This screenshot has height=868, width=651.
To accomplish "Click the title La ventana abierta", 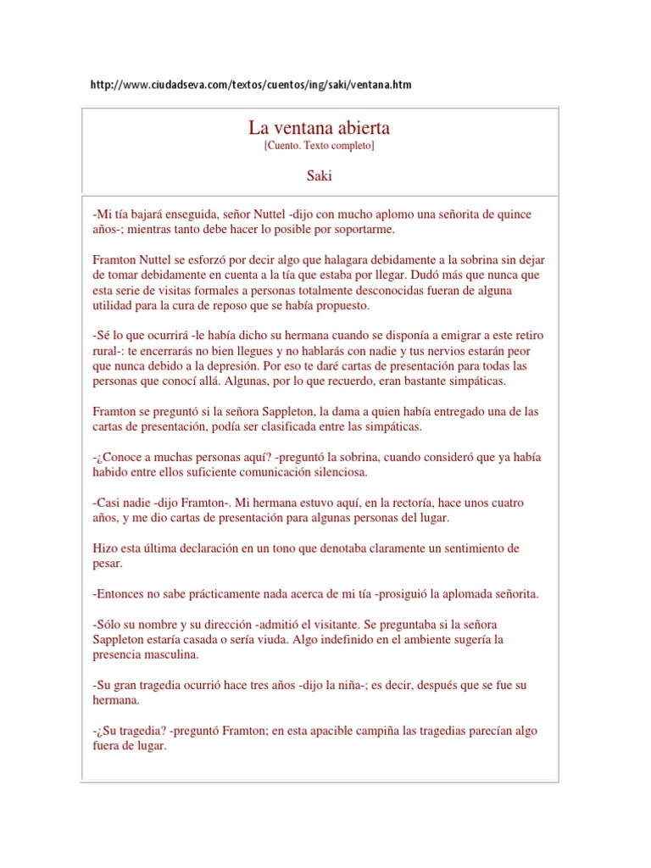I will tap(319, 128).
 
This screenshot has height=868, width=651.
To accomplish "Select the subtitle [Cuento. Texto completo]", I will tap(319, 146).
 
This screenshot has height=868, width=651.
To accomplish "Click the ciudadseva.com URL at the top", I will tap(251, 86).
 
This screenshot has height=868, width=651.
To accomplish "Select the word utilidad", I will tap(115, 306).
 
